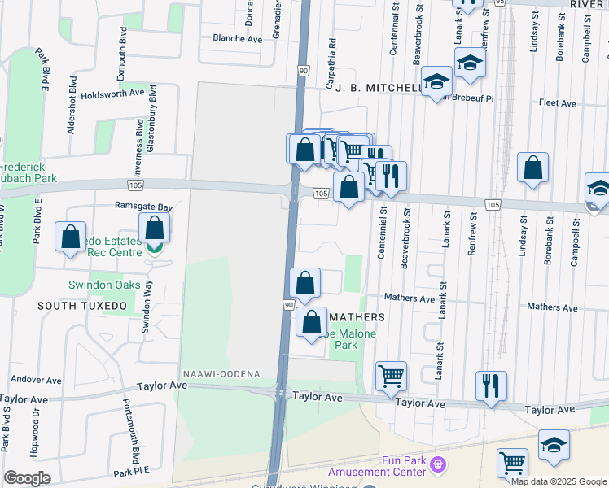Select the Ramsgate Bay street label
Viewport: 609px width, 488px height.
click(144, 207)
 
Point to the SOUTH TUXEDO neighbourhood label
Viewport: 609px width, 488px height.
click(81, 306)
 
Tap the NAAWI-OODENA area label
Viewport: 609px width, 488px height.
click(222, 373)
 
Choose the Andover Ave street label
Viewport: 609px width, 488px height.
click(35, 380)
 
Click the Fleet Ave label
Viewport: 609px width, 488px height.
click(558, 103)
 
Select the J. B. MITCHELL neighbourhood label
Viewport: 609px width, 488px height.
click(379, 87)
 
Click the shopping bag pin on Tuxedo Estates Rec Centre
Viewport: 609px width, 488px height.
click(155, 229)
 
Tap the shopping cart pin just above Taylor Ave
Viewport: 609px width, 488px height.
click(391, 377)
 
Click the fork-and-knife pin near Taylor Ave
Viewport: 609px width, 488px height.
click(491, 385)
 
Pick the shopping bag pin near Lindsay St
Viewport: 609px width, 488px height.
click(532, 169)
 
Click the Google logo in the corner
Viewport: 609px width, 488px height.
click(27, 478)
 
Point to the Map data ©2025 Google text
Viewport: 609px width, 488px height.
click(558, 481)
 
